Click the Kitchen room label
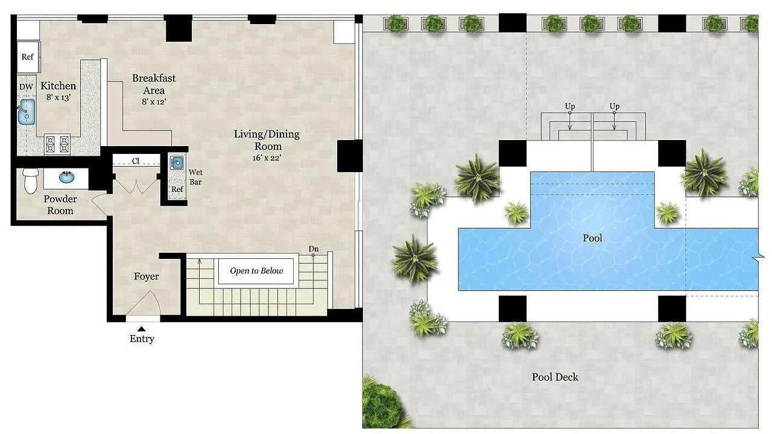(59, 86)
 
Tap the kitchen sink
(26, 112)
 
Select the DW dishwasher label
(26, 87)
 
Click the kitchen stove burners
(57, 144)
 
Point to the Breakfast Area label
(154, 84)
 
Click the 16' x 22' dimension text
(267, 158)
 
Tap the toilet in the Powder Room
(31, 180)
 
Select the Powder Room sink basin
(66, 177)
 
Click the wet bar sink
(177, 162)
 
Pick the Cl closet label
(136, 161)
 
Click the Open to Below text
(256, 271)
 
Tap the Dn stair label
(313, 249)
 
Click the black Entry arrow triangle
(142, 329)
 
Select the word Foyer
(147, 276)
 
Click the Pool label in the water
(592, 238)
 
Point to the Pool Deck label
(555, 377)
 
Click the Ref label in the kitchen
(27, 57)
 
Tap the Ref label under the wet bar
(177, 189)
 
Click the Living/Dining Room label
(267, 139)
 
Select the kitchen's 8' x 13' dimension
(59, 98)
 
